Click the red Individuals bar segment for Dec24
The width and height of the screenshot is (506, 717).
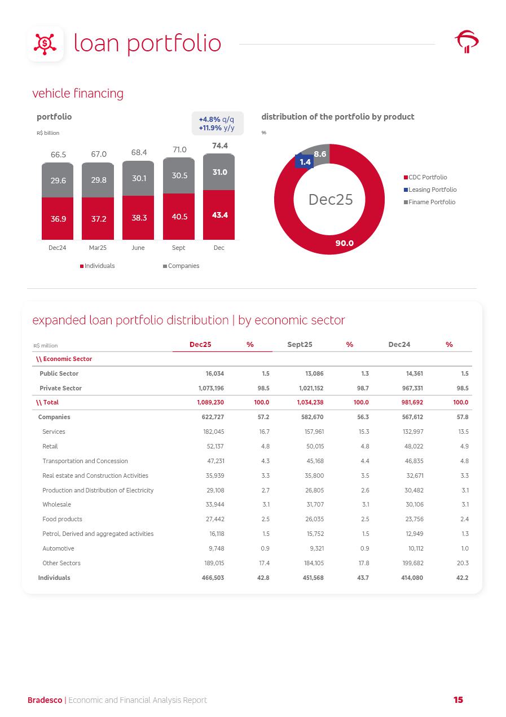pyautogui.click(x=58, y=218)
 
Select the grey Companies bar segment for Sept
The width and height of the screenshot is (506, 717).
pyautogui.click(x=179, y=175)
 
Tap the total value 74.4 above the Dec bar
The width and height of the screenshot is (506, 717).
pyautogui.click(x=219, y=146)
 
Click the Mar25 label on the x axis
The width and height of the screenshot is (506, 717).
pyautogui.click(x=98, y=248)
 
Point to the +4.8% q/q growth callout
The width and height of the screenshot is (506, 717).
pyautogui.click(x=217, y=120)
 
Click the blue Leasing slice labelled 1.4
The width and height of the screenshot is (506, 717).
pyautogui.click(x=305, y=162)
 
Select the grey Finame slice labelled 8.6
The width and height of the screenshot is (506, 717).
pyautogui.click(x=320, y=153)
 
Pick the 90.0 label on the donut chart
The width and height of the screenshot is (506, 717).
pyautogui.click(x=344, y=243)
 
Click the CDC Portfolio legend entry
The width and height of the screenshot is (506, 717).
pyautogui.click(x=427, y=177)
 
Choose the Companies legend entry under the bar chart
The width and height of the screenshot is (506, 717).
pyautogui.click(x=183, y=266)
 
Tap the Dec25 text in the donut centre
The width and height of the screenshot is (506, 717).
pyautogui.click(x=330, y=199)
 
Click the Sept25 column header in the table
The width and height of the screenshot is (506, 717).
pyautogui.click(x=300, y=344)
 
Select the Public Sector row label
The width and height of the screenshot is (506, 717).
pyautogui.click(x=59, y=373)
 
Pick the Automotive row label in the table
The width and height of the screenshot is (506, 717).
pyautogui.click(x=58, y=548)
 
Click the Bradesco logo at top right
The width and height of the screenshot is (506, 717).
pyautogui.click(x=467, y=42)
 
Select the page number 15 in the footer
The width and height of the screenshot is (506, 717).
pyautogui.click(x=458, y=700)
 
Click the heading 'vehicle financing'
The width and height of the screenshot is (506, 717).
pyautogui.click(x=78, y=93)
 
